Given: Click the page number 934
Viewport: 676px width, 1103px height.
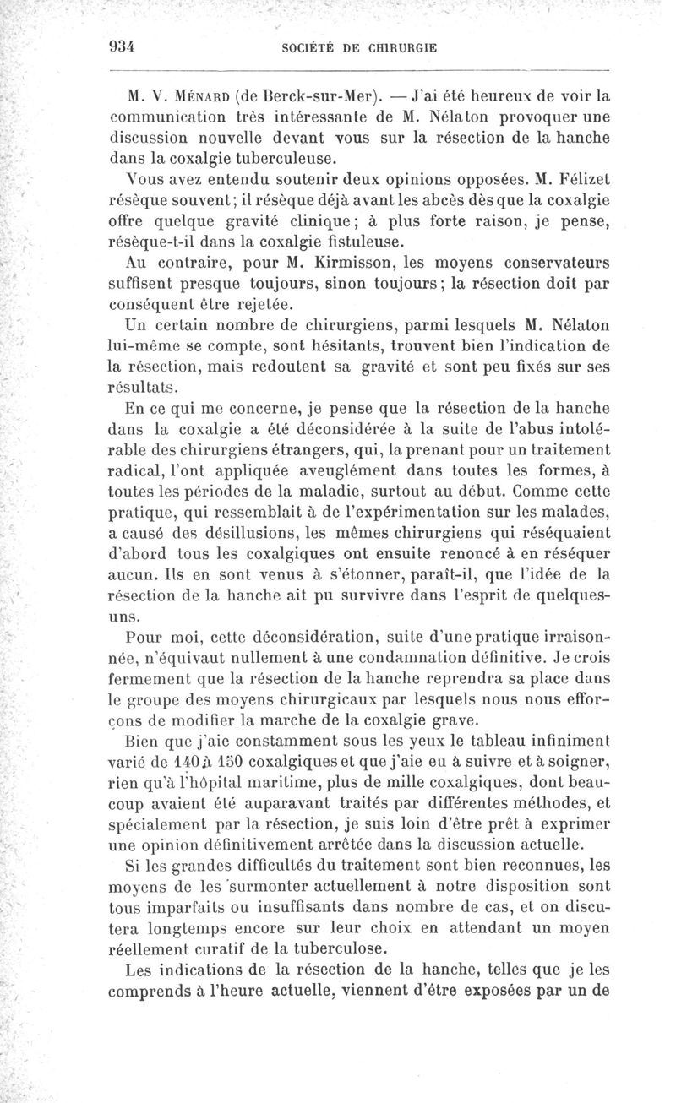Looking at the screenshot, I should click(x=123, y=47).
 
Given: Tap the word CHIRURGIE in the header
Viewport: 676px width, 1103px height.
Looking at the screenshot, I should click(x=395, y=49).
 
